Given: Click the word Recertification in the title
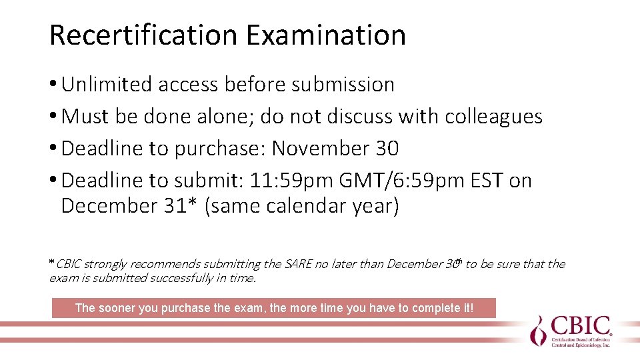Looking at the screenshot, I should pos(143,35).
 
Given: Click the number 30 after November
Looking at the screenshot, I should pos(387,148).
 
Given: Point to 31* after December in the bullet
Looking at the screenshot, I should pos(180,205).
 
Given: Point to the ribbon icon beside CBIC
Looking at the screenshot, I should pos(537,329).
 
